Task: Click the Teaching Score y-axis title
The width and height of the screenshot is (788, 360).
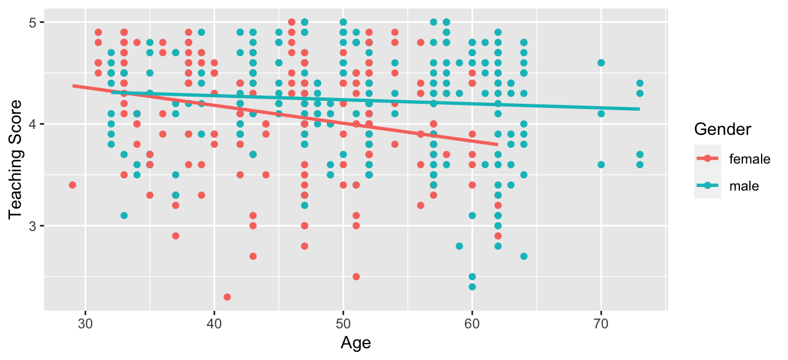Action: [x=16, y=159]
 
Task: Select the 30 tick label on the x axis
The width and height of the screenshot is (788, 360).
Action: [x=86, y=323]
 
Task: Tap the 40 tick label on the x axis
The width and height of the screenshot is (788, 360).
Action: [x=215, y=323]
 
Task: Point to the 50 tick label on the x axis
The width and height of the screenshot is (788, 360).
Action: [x=344, y=323]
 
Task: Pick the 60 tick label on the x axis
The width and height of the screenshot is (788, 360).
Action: [x=472, y=323]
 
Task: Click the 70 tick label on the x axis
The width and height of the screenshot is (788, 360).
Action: [x=601, y=323]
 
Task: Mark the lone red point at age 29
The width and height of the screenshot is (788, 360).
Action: [x=73, y=185]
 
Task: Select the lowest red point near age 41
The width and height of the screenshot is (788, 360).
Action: [x=227, y=297]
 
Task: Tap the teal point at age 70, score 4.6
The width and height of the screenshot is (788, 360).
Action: [x=601, y=63]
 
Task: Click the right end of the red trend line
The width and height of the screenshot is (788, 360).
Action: [x=497, y=144]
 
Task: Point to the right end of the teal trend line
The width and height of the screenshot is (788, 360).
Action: [x=639, y=109]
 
